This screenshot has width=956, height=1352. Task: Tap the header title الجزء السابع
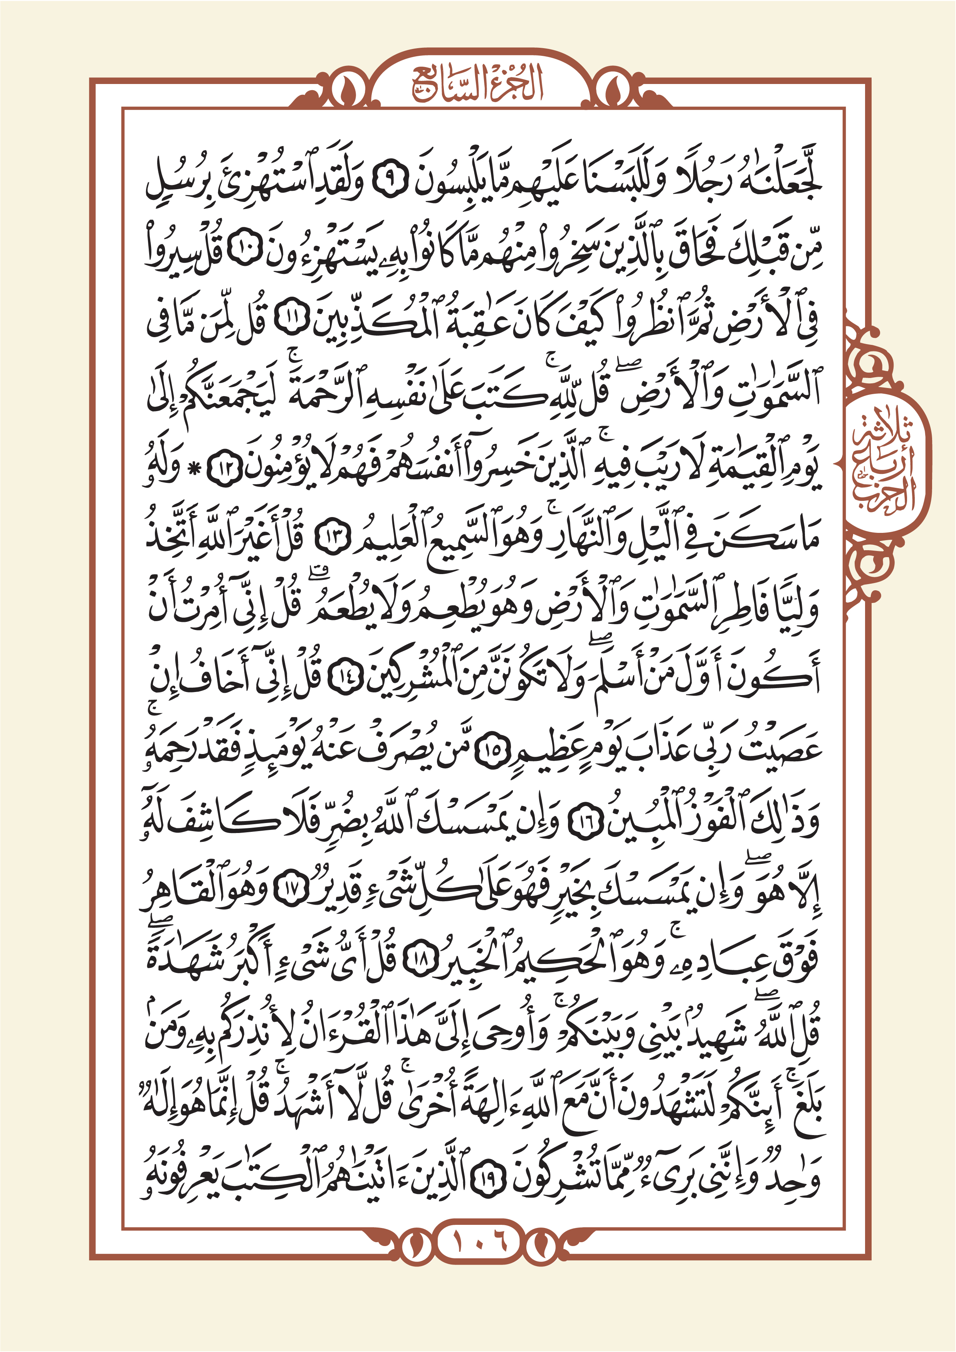coord(477,86)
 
